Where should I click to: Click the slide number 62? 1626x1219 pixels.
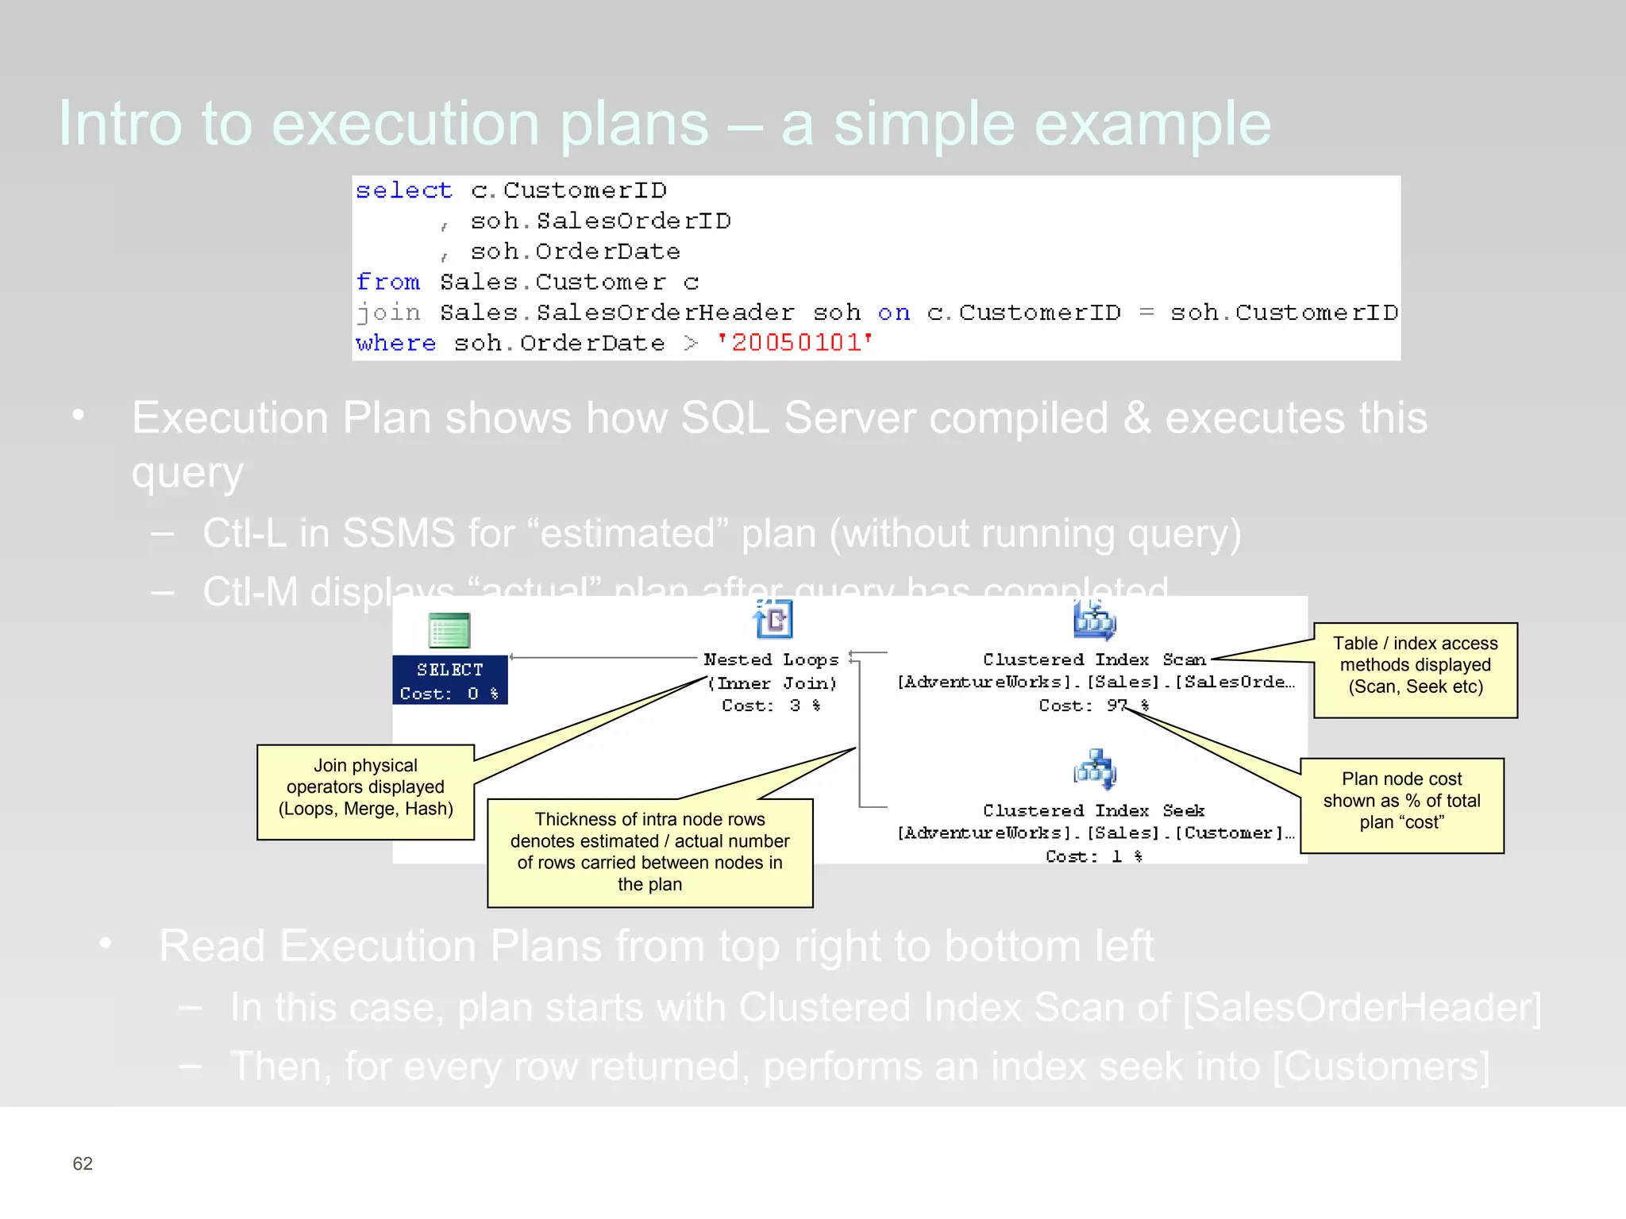click(83, 1163)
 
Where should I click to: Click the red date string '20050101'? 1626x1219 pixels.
click(794, 343)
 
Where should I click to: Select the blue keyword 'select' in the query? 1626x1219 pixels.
click(403, 190)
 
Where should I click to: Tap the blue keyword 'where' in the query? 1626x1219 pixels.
click(395, 343)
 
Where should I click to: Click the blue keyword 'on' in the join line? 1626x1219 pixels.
click(893, 313)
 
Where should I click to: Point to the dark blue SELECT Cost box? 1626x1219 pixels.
click(449, 680)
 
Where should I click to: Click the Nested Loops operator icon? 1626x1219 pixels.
click(773, 619)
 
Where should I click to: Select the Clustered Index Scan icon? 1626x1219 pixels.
click(1095, 620)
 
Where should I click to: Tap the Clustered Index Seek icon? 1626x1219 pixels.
click(1095, 768)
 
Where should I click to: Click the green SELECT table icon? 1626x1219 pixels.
click(449, 631)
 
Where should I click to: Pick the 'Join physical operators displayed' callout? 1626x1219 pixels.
click(365, 790)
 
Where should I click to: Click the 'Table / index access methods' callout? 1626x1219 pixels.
click(1415, 669)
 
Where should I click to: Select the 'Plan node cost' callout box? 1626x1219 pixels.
click(1401, 805)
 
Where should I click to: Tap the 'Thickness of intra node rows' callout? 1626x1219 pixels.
click(649, 852)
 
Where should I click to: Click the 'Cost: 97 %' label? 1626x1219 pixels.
click(1093, 706)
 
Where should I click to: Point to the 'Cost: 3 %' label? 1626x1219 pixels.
click(770, 706)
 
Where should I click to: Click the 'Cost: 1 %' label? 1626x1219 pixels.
click(1093, 856)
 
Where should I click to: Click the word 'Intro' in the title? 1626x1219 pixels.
click(119, 124)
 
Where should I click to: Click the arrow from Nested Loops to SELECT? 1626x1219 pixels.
click(603, 657)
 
